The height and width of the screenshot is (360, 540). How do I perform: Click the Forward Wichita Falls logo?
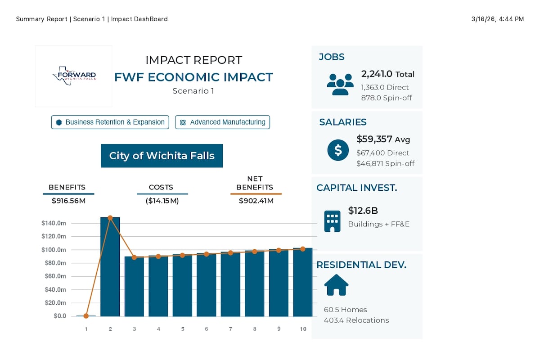click(x=74, y=76)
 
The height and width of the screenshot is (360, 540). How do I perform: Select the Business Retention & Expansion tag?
click(x=110, y=122)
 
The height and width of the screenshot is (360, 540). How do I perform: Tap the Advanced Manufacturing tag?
click(x=222, y=122)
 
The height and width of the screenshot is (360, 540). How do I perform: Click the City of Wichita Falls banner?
click(x=162, y=156)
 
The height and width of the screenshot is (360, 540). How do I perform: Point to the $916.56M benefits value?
click(x=69, y=201)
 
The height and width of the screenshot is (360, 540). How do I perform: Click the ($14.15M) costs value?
click(x=162, y=201)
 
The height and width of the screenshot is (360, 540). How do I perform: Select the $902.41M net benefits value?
click(x=256, y=201)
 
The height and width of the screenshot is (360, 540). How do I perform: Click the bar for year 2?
click(x=110, y=267)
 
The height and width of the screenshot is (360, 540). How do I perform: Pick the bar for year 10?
click(x=303, y=282)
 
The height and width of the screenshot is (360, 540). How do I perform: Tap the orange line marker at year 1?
click(x=86, y=316)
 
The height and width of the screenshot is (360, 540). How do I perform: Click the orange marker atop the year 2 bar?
click(x=110, y=218)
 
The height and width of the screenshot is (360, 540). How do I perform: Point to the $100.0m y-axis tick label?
click(x=54, y=250)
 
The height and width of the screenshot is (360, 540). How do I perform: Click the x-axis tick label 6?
click(x=207, y=329)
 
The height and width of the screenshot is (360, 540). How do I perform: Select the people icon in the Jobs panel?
click(x=340, y=85)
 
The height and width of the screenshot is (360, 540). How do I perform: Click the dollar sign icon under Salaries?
click(x=338, y=150)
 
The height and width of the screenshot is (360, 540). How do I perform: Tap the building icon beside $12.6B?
click(x=333, y=221)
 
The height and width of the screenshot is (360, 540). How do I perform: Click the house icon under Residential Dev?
click(x=336, y=285)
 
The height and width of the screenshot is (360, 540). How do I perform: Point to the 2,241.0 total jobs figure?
click(x=377, y=74)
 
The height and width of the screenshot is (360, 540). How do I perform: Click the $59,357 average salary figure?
click(x=374, y=139)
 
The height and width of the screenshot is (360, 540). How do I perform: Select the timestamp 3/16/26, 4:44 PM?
click(x=498, y=19)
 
